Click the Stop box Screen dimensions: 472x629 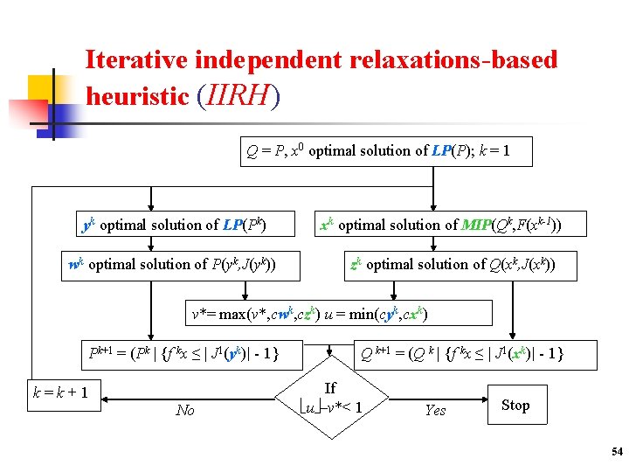pyautogui.click(x=515, y=405)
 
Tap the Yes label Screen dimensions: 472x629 pyautogui.click(x=435, y=410)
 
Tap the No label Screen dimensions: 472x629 pyautogui.click(x=185, y=410)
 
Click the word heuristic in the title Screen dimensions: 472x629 pyautogui.click(x=137, y=96)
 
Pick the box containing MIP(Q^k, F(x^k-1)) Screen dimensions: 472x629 pyautogui.click(x=439, y=225)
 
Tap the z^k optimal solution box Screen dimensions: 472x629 pyautogui.click(x=452, y=264)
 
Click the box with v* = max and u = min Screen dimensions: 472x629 pyautogui.click(x=309, y=313)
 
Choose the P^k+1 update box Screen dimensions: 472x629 pyautogui.click(x=183, y=354)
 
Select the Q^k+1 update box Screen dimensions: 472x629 pyautogui.click(x=462, y=354)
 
